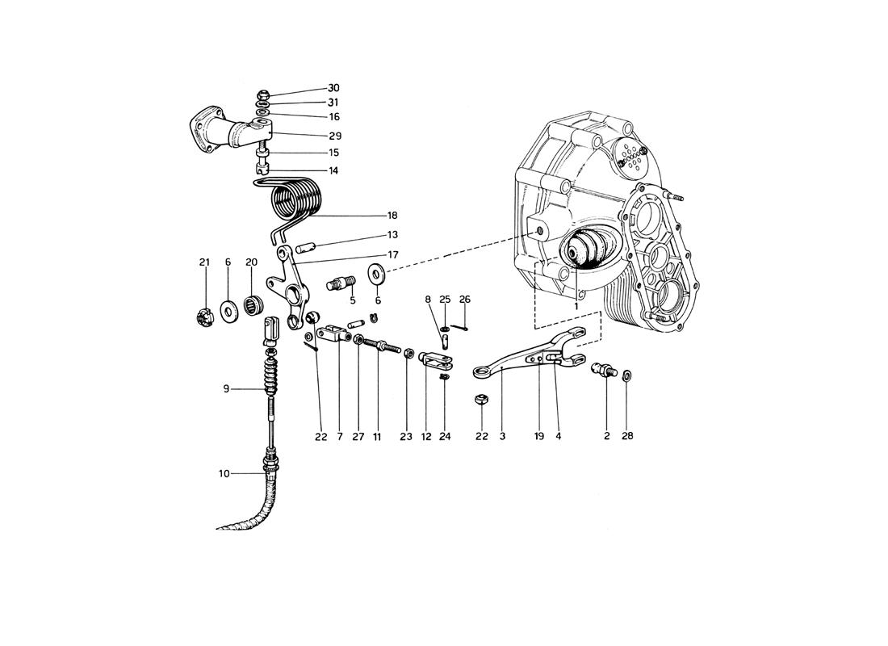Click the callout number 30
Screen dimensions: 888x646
pos(333,88)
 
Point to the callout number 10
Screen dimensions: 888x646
pos(224,473)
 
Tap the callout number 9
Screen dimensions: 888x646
pos(228,389)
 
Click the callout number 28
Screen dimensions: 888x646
pos(627,436)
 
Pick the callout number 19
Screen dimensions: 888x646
pos(538,436)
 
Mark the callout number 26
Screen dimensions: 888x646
pos(465,299)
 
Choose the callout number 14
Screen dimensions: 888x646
pos(333,170)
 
